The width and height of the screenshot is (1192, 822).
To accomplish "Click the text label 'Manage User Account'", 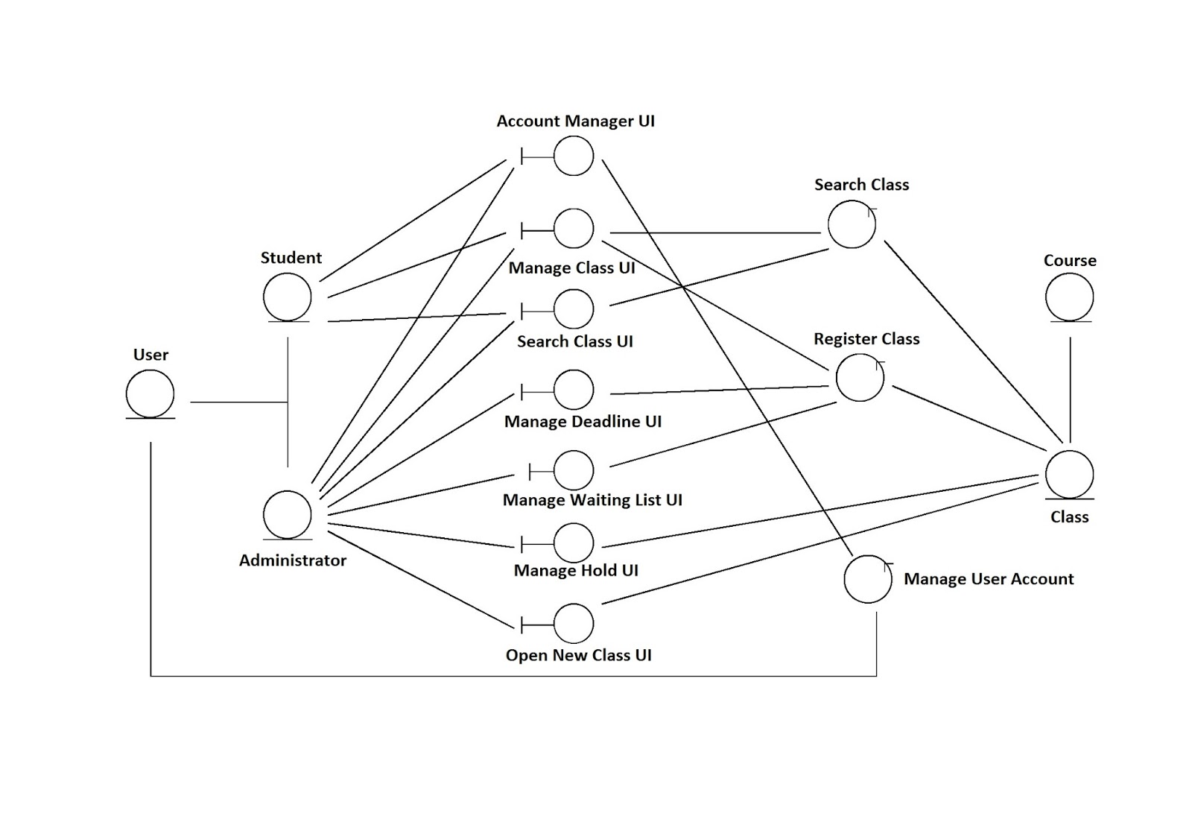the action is point(989,579).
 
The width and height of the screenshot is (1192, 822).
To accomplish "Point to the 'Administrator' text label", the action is point(293,560).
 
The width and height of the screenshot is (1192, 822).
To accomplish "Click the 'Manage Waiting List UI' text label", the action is point(592,500).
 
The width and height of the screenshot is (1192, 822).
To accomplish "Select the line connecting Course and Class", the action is point(1070,390).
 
